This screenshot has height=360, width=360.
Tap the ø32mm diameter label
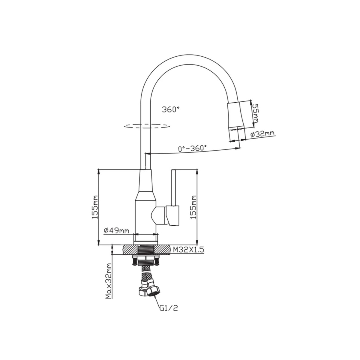tap(262, 134)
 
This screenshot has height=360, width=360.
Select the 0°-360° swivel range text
tap(192, 148)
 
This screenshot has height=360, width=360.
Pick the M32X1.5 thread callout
tap(188, 250)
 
